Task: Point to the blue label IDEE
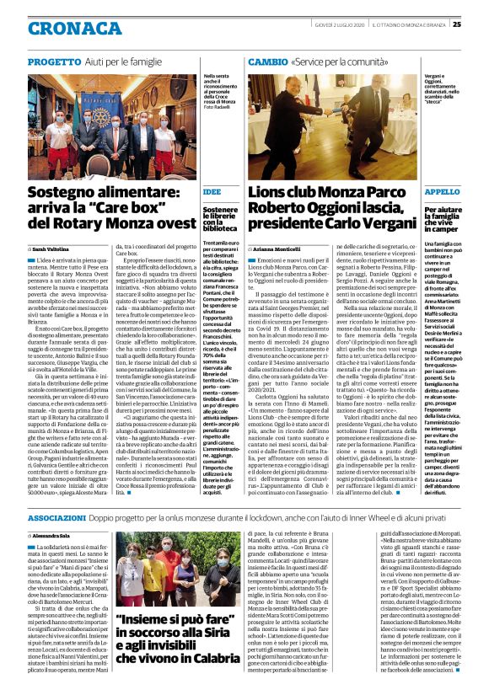click(213, 191)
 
